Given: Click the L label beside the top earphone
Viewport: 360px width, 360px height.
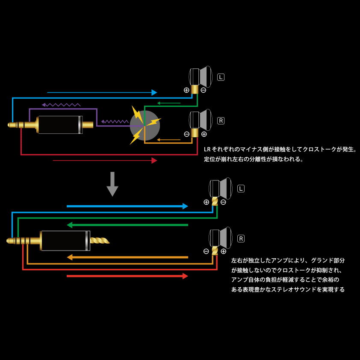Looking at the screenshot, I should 221,77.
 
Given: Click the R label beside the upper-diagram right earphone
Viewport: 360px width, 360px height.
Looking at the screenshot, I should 221,121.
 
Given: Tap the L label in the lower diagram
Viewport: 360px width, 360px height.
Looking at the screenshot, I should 241,189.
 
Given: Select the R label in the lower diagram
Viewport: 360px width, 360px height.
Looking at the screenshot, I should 241,239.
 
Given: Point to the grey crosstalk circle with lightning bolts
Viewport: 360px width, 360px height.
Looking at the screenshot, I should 145,125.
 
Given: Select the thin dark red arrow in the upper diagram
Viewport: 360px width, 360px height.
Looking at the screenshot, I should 105,160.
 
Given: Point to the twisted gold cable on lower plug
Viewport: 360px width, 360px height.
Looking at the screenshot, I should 99,241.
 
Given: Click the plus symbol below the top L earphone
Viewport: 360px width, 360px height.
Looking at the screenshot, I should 186,90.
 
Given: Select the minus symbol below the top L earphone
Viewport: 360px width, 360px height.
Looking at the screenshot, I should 204,90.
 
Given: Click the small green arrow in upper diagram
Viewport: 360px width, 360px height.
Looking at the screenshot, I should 169,103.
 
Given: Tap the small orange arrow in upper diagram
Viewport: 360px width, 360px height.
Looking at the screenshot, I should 168,140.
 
